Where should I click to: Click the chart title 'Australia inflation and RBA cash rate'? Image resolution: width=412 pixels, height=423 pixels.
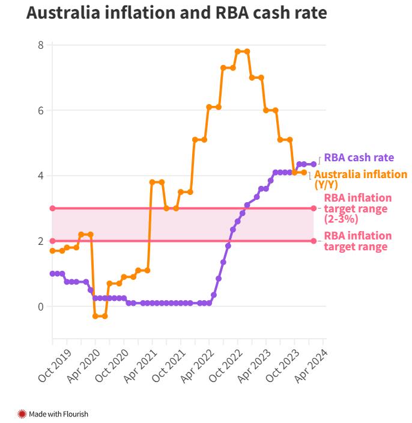pyautogui.click(x=177, y=13)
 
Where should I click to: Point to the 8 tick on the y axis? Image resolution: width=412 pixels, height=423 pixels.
pyautogui.click(x=40, y=45)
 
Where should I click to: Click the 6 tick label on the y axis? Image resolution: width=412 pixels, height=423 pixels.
pyautogui.click(x=40, y=111)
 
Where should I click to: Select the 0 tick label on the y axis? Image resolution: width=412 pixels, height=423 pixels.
pyautogui.click(x=40, y=307)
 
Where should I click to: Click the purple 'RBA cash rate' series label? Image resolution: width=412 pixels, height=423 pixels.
pyautogui.click(x=359, y=158)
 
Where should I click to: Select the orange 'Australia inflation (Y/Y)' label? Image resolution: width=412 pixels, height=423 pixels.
pyautogui.click(x=360, y=179)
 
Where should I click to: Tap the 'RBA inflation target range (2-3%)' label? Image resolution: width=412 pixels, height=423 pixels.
pyautogui.click(x=357, y=208)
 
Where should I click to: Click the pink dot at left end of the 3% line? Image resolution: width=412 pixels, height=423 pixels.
pyautogui.click(x=52, y=208)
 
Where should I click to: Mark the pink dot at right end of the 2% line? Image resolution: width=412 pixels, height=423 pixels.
pyautogui.click(x=314, y=241)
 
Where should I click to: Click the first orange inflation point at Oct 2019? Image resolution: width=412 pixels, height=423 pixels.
pyautogui.click(x=52, y=250)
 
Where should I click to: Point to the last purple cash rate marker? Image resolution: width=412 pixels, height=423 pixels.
pyautogui.click(x=314, y=164)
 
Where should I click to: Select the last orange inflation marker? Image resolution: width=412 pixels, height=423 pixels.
pyautogui.click(x=304, y=172)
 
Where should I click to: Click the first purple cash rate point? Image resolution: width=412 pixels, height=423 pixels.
pyautogui.click(x=52, y=274)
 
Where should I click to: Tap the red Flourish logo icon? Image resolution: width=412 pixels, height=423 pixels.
pyautogui.click(x=22, y=414)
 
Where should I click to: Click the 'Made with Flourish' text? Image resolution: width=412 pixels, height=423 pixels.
pyautogui.click(x=58, y=414)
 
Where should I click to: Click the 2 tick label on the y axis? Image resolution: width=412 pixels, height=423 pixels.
pyautogui.click(x=40, y=241)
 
